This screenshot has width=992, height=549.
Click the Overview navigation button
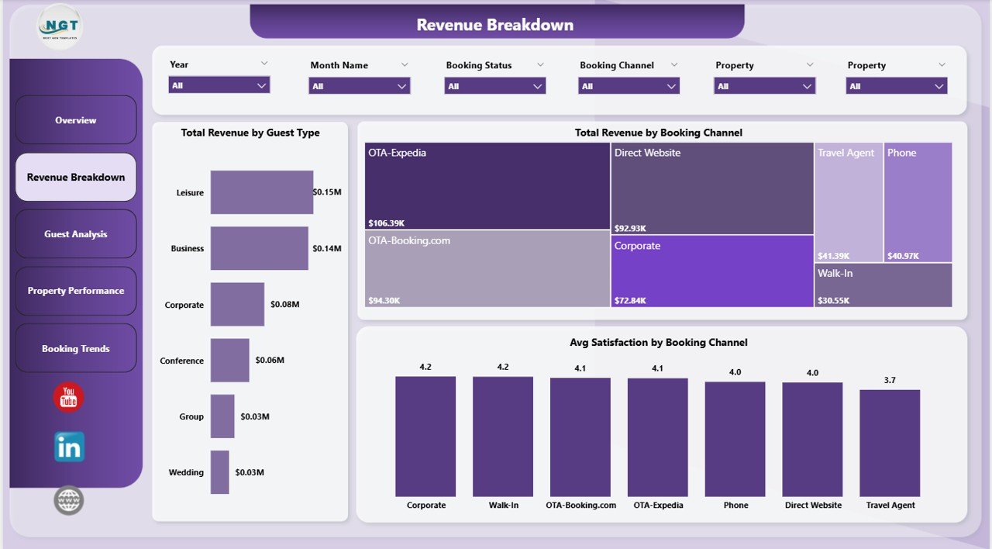point(76,120)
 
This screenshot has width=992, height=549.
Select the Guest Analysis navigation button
point(76,234)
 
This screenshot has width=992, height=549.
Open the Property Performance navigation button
point(76,291)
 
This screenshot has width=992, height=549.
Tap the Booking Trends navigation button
point(76,348)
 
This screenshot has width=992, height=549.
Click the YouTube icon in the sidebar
point(68,398)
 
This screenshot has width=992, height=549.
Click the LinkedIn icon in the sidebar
point(69,447)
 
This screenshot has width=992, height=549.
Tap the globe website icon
point(69,500)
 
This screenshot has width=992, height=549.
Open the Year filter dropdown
point(219,85)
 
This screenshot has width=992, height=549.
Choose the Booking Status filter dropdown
point(494,86)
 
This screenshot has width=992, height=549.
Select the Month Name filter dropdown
point(360,86)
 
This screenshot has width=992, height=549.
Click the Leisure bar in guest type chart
point(262,192)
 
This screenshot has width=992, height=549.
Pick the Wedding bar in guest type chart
point(220,472)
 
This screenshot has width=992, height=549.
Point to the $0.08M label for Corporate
point(284,305)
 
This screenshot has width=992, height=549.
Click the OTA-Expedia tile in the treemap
point(487,186)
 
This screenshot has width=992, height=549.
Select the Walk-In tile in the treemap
point(883,285)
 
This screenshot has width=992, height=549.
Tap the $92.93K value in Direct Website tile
point(631,228)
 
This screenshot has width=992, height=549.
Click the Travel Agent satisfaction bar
point(890,443)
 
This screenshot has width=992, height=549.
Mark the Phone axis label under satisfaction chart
point(735,506)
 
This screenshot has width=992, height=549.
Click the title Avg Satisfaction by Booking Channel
point(658,343)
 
